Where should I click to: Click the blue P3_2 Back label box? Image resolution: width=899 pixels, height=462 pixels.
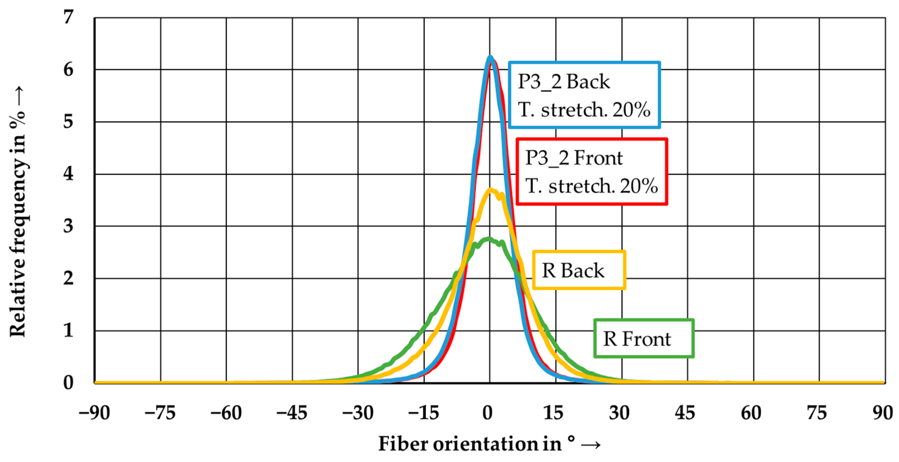pyautogui.click(x=584, y=95)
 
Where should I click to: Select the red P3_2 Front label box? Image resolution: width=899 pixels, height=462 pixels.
pyautogui.click(x=592, y=171)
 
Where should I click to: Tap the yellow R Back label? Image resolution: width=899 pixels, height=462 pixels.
pyautogui.click(x=579, y=270)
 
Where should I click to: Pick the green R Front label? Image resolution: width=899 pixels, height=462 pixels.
pyautogui.click(x=644, y=338)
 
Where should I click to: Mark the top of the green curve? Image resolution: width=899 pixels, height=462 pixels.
pyautogui.click(x=489, y=239)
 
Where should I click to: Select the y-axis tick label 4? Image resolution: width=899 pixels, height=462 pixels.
pyautogui.click(x=68, y=174)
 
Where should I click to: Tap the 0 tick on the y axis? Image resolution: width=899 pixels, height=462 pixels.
pyautogui.click(x=68, y=382)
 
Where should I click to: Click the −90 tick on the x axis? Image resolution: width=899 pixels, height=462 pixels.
pyautogui.click(x=94, y=413)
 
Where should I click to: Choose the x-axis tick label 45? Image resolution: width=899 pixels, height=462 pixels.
pyautogui.click(x=685, y=413)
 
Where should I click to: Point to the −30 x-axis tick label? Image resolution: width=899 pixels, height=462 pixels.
pyautogui.click(x=358, y=413)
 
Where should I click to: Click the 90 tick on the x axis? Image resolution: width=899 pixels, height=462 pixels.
pyautogui.click(x=883, y=413)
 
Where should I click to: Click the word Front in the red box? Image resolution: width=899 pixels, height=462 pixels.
pyautogui.click(x=598, y=158)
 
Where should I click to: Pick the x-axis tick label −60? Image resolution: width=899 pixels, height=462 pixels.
pyautogui.click(x=226, y=413)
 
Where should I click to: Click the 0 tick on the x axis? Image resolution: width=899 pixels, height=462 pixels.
pyautogui.click(x=488, y=413)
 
